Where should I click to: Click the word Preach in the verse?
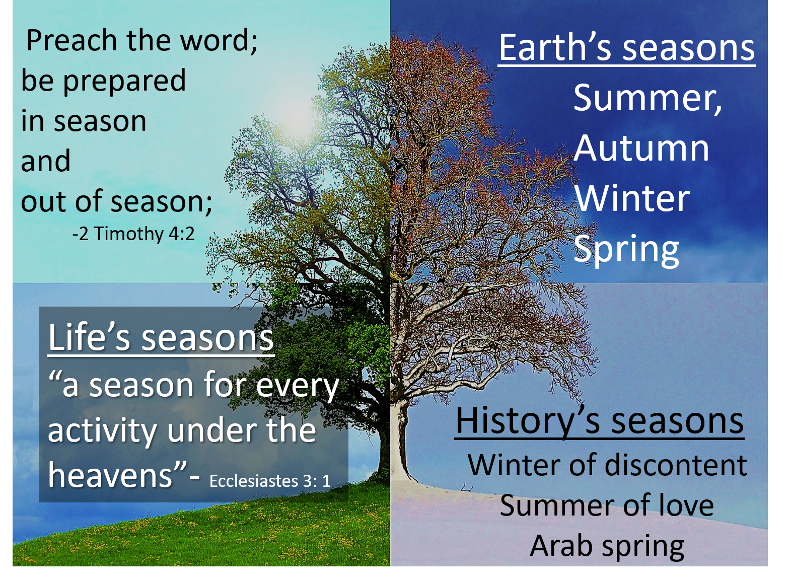71,40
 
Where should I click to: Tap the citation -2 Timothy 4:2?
133,234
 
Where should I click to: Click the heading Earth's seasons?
626,48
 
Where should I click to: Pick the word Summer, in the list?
648,98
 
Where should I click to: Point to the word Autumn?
641,148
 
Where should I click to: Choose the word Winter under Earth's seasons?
632,198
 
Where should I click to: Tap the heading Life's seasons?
161,337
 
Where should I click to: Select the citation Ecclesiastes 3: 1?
270,481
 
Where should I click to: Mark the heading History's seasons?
599,421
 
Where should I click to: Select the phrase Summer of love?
607,505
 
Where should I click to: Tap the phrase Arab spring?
607,546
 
